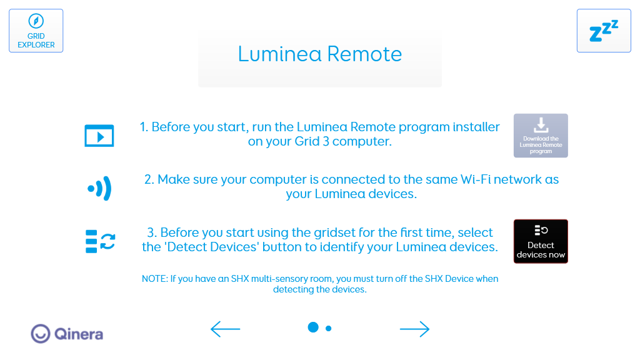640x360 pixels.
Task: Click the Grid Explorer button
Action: [36, 31]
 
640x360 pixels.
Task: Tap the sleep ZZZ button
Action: [604, 31]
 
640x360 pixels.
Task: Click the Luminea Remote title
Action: [320, 54]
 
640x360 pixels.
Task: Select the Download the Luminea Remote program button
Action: [541, 136]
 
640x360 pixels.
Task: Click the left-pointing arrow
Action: [225, 329]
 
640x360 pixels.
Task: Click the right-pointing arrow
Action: [415, 329]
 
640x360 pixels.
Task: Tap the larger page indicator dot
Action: [313, 327]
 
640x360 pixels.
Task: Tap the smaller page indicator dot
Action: [329, 328]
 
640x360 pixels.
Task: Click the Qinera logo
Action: [67, 334]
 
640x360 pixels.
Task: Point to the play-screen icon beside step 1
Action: [99, 136]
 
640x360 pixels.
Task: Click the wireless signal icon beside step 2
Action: [99, 188]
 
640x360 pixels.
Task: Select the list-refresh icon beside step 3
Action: [101, 241]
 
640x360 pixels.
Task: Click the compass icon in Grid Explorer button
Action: [36, 21]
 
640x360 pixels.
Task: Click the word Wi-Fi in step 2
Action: [476, 179]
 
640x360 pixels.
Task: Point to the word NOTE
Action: [155, 279]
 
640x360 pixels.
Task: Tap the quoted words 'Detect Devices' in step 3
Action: [212, 247]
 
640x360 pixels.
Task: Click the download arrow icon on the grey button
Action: [541, 125]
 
